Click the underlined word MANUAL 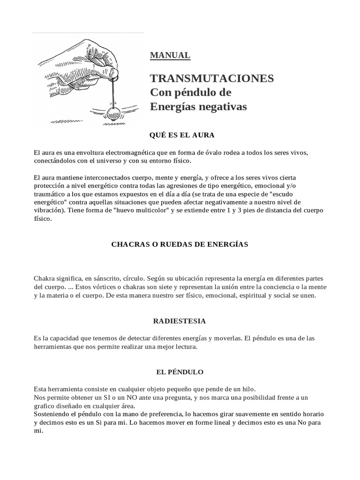pos(170,55)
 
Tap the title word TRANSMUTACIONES pos(212,78)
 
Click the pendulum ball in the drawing pos(113,113)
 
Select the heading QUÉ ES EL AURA pos(181,135)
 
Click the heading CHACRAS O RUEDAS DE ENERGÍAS pos(180,244)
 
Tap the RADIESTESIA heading pos(180,321)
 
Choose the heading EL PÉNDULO pos(180,372)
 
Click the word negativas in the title pos(222,107)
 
